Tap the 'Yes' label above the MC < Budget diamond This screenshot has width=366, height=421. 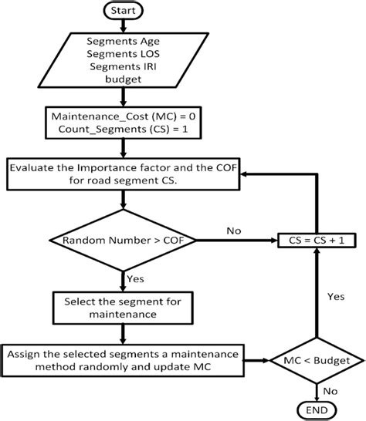[x=334, y=295]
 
